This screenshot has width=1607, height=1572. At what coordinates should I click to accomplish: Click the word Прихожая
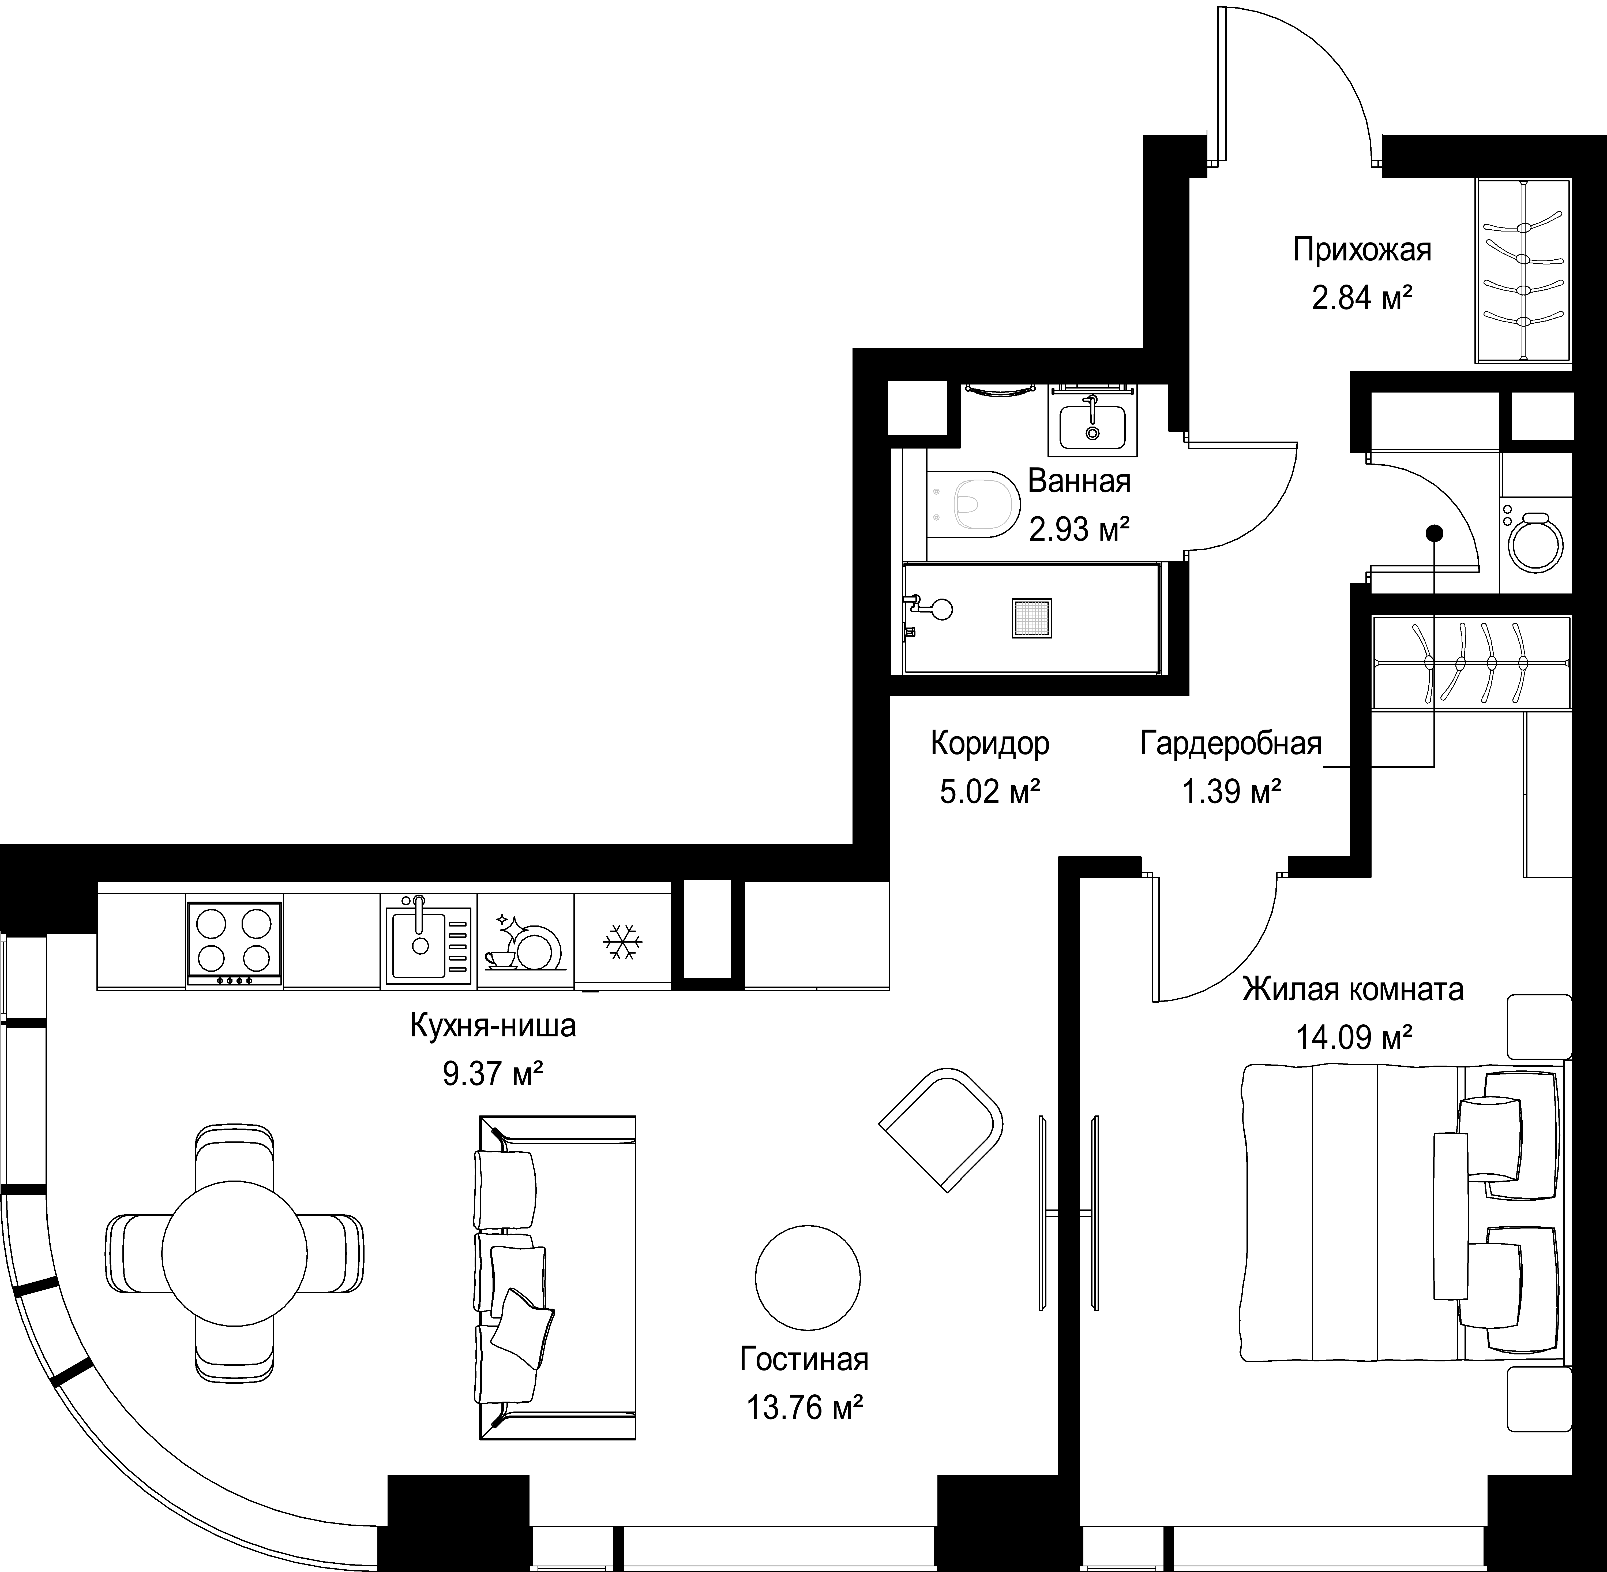pos(1362,249)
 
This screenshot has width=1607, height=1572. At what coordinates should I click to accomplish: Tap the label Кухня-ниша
pos(493,1026)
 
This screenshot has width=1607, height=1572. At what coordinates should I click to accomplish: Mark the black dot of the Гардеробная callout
pos(1435,533)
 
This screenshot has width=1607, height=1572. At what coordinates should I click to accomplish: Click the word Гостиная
pos(804,1359)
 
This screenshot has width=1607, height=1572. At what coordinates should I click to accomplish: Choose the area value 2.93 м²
pos(1079,528)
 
